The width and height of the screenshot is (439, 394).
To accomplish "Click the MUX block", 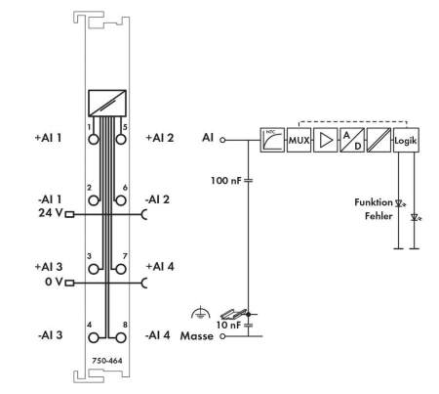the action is (x=299, y=140).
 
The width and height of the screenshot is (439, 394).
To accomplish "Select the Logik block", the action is (x=406, y=140).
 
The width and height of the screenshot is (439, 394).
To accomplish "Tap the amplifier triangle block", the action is (x=326, y=140).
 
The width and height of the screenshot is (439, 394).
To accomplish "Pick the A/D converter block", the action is (x=352, y=140).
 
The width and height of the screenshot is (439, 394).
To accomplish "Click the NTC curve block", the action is (x=272, y=140).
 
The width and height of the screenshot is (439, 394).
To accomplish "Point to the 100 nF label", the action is (x=226, y=180).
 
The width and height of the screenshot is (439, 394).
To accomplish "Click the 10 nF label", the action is (x=230, y=325).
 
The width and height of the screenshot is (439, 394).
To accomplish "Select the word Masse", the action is (x=197, y=336).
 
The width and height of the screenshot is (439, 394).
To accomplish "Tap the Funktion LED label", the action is (x=374, y=202).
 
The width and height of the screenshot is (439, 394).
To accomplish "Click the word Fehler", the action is (x=379, y=216).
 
